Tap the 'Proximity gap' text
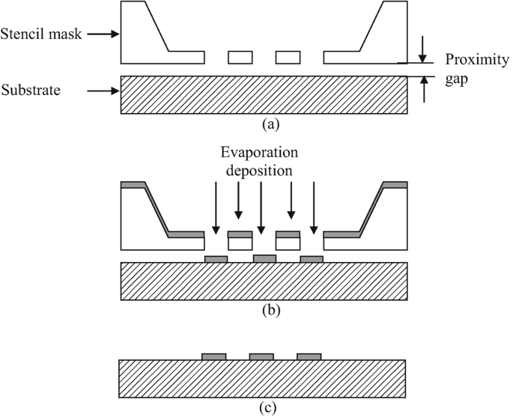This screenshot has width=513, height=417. coord(472,67)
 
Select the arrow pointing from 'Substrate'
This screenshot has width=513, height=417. coord(103,91)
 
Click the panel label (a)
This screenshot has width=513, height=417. coord(264,124)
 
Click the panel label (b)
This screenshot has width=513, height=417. coord(264,308)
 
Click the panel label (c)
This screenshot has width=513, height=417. coord(264,408)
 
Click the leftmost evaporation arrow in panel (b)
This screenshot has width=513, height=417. coord(216,205)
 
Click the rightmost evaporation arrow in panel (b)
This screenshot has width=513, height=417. coord(313,205)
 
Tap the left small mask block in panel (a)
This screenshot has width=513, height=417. coord(240,57)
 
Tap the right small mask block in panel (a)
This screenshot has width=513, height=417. coord(288,57)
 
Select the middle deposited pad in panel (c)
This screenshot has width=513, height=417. coord(261,356)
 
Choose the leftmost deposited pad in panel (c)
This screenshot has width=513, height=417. coord(214,356)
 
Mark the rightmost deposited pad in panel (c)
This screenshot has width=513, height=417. coord(309,356)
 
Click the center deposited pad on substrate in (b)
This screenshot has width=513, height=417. coord(264,258)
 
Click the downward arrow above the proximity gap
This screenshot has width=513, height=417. coord(423,49)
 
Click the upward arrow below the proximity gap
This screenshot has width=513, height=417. coord(423,89)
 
